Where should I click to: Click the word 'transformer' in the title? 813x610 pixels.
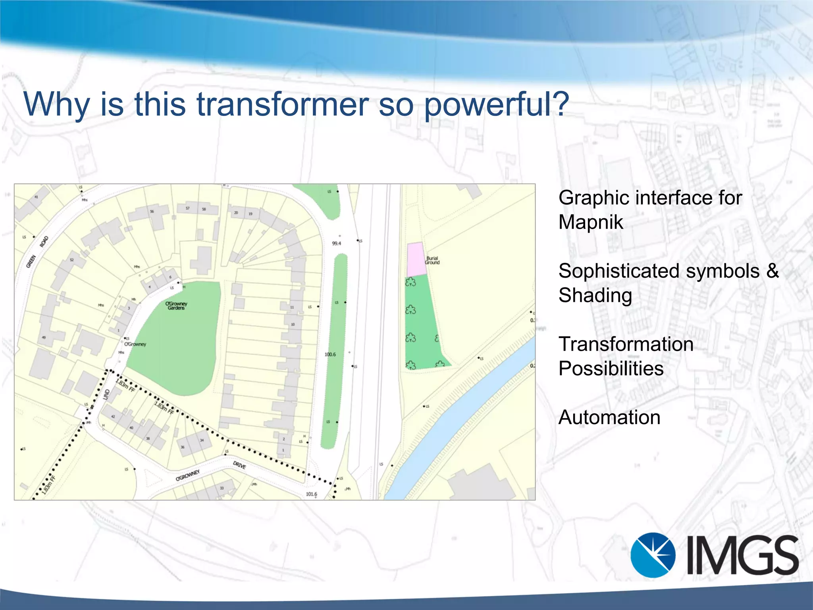[x=283, y=104]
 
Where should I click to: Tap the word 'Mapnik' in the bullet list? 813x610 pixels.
[x=590, y=222]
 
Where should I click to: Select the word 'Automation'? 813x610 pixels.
[x=609, y=417]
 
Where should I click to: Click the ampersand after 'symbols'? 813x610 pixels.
[x=772, y=271]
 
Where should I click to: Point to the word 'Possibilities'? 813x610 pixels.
[x=611, y=369]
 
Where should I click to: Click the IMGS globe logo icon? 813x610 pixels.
[x=653, y=555]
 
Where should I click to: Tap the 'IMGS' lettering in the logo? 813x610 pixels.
[x=742, y=555]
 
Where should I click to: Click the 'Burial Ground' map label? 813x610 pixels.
[x=432, y=260]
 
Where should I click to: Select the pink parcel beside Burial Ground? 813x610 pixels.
[x=416, y=259]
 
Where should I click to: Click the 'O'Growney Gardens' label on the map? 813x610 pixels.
[x=176, y=305]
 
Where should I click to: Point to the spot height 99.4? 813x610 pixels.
[x=336, y=243]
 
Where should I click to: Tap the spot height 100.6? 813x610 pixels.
[x=330, y=354]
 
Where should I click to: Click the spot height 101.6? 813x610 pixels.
[x=312, y=494]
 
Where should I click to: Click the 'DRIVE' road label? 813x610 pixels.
[x=239, y=465]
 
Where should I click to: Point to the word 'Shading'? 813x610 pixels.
[x=595, y=295]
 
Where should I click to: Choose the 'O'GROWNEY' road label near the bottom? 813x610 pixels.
[x=188, y=475]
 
